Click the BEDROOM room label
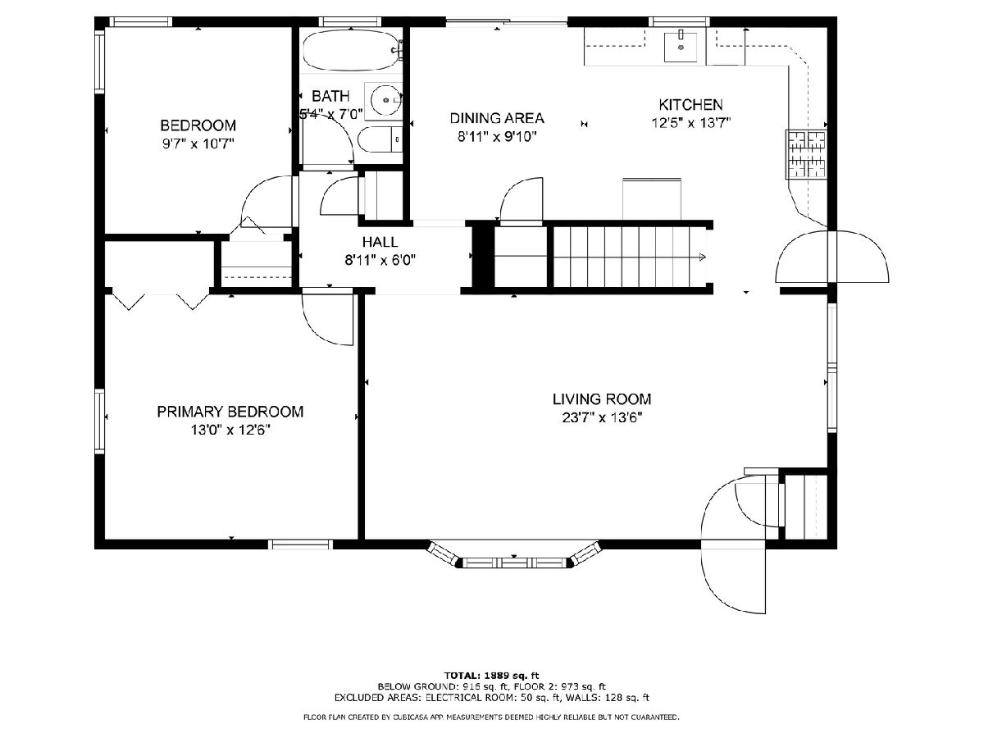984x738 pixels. [x=198, y=125]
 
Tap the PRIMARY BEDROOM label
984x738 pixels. [x=230, y=412]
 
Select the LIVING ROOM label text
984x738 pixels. [x=602, y=399]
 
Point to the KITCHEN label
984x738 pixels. [x=690, y=104]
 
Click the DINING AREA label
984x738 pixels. [x=497, y=118]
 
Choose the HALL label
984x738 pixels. [x=380, y=242]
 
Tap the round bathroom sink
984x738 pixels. [x=385, y=100]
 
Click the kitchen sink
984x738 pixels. [x=681, y=47]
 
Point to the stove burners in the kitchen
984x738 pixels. [x=807, y=154]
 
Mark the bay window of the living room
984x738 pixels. [x=514, y=556]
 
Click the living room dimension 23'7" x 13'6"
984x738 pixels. [x=602, y=417]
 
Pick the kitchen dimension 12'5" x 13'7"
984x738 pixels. [x=690, y=123]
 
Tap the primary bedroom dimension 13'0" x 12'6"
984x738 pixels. [x=230, y=430]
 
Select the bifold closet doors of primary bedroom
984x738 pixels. [x=160, y=302]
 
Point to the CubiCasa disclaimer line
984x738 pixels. [x=491, y=717]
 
